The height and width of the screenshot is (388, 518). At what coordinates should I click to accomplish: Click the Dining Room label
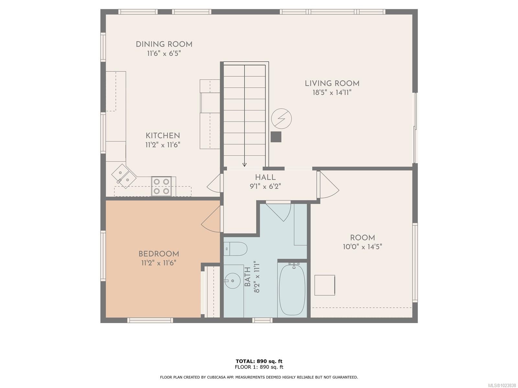click(x=164, y=44)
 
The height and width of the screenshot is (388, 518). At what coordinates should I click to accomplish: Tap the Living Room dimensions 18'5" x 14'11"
click(x=332, y=92)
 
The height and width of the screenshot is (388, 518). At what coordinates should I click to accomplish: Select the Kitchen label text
click(x=163, y=135)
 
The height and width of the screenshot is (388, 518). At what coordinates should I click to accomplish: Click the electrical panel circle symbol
click(x=281, y=119)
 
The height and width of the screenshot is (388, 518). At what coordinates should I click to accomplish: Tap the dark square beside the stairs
click(x=276, y=137)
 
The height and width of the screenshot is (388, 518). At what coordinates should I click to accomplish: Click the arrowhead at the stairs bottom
click(x=244, y=165)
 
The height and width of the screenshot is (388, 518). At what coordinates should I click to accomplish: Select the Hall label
click(x=265, y=177)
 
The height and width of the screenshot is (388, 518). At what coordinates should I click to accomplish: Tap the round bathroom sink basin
click(x=231, y=280)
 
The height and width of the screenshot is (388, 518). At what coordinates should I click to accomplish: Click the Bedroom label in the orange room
click(x=159, y=254)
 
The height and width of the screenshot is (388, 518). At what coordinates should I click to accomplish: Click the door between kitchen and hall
click(x=214, y=186)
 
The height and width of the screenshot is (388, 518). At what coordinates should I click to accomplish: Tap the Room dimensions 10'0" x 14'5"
click(x=362, y=247)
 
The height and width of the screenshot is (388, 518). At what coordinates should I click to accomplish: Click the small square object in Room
click(x=324, y=285)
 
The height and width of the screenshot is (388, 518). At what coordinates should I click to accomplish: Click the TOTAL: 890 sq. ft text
click(x=259, y=361)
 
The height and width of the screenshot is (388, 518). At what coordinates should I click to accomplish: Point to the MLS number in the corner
click(x=501, y=385)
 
